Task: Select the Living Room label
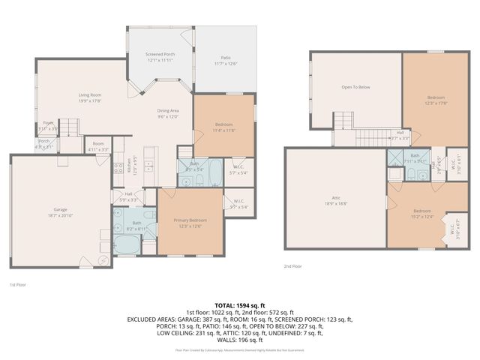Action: coord(90,95)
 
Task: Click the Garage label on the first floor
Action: coord(60,210)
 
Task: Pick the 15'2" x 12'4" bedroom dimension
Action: coord(423,217)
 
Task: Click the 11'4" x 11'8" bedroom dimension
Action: coord(223,130)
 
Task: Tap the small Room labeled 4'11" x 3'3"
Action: coord(98,149)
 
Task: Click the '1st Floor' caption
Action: coord(18,285)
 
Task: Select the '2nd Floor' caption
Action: coord(292,266)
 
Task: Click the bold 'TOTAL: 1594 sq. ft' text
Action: coord(240,304)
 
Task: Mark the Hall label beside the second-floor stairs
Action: coord(400,133)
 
